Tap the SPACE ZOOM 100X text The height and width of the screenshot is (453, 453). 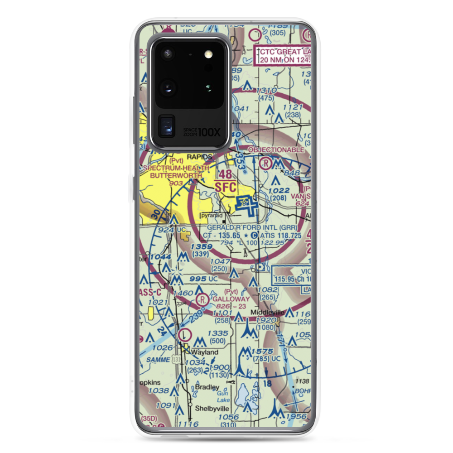[x=202, y=132]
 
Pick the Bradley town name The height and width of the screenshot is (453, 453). [x=207, y=388]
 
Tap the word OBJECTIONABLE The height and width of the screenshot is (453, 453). [x=275, y=150]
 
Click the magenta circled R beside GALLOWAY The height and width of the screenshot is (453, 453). [x=203, y=299]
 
